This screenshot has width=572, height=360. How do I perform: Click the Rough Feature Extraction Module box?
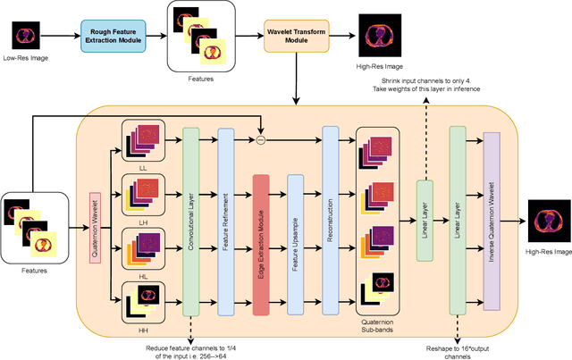click(114, 37)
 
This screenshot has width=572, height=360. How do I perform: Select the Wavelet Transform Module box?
click(295, 36)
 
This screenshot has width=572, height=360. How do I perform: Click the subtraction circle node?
click(260, 139)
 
